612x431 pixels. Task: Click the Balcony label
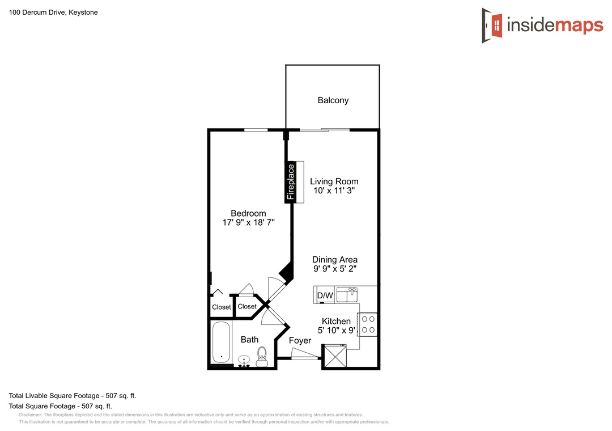pyautogui.click(x=333, y=100)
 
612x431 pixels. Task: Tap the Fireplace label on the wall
pyautogui.click(x=291, y=181)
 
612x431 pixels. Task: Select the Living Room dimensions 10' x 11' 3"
pyautogui.click(x=334, y=191)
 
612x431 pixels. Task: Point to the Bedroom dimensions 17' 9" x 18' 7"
pyautogui.click(x=249, y=222)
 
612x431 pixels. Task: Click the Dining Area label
pyautogui.click(x=335, y=260)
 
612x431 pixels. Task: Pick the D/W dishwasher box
pyautogui.click(x=325, y=295)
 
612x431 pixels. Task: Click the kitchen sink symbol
pyautogui.click(x=347, y=295)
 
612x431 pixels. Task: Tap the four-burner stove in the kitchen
pyautogui.click(x=368, y=324)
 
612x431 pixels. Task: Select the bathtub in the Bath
pyautogui.click(x=222, y=343)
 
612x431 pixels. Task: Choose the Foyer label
pyautogui.click(x=300, y=340)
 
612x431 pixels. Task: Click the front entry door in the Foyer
pyautogui.click(x=305, y=354)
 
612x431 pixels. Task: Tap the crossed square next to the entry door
pyautogui.click(x=335, y=356)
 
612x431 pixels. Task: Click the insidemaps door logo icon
pyautogui.click(x=492, y=26)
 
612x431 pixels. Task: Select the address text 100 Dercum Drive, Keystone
pyautogui.click(x=53, y=12)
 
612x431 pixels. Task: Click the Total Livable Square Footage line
pyautogui.click(x=73, y=395)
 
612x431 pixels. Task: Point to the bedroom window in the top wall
pyautogui.click(x=256, y=130)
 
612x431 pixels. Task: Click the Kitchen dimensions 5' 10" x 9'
pyautogui.click(x=336, y=331)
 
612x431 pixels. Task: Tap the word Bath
pyautogui.click(x=249, y=340)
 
